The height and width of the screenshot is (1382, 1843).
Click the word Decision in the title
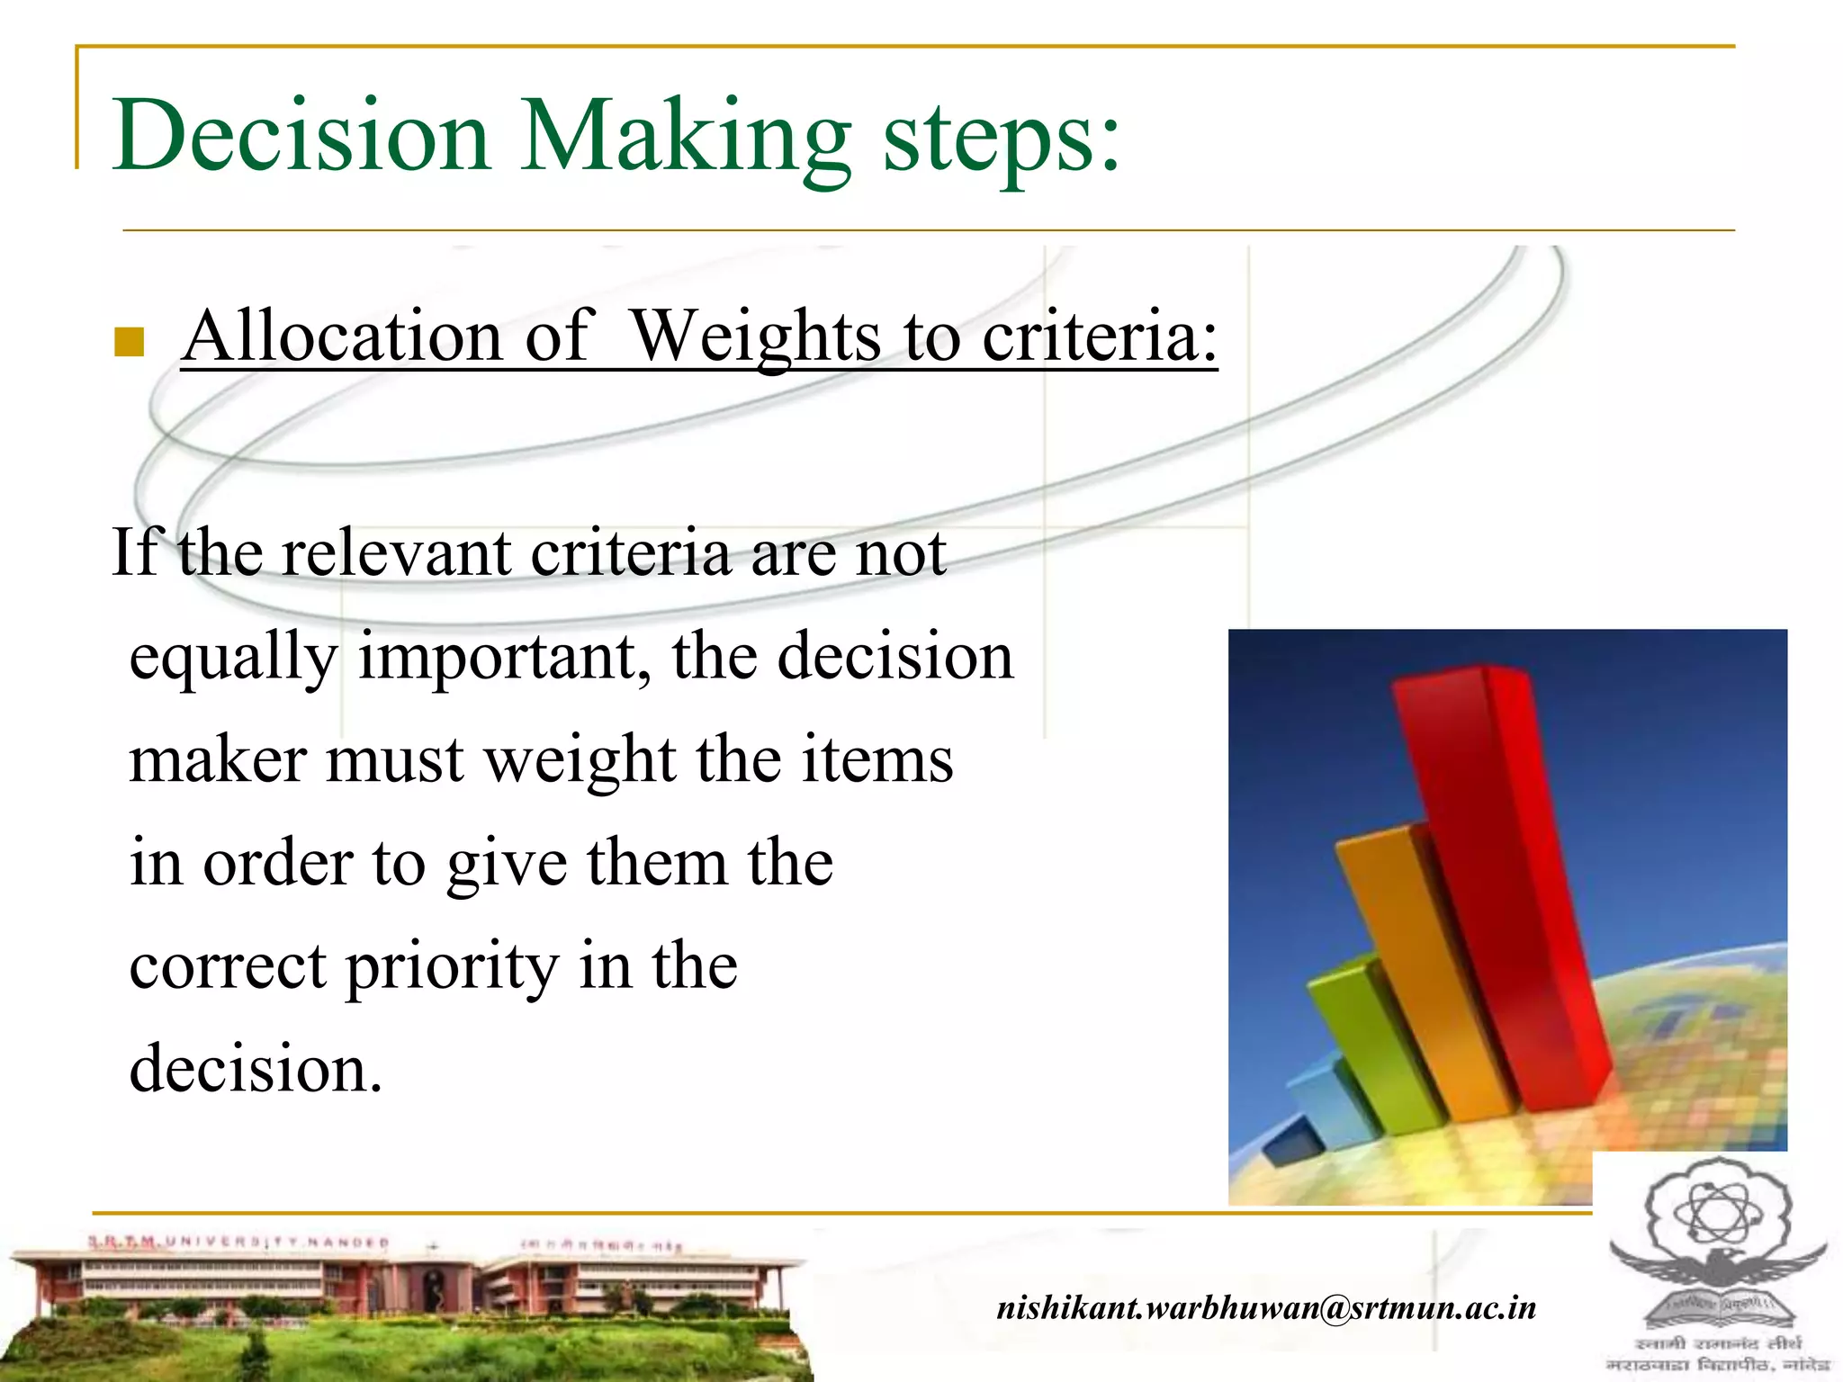pyautogui.click(x=301, y=135)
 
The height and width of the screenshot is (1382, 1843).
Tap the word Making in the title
pyautogui.click(x=685, y=139)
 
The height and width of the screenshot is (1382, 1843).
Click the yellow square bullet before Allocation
pyautogui.click(x=130, y=342)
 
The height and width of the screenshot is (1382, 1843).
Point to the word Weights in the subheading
pyautogui.click(x=755, y=337)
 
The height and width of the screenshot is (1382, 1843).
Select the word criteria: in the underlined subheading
pyautogui.click(x=1099, y=337)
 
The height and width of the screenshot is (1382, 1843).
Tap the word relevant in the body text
pyautogui.click(x=396, y=552)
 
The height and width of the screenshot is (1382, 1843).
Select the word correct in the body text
pyautogui.click(x=227, y=966)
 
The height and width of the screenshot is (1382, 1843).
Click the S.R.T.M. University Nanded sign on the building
pyautogui.click(x=238, y=1243)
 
